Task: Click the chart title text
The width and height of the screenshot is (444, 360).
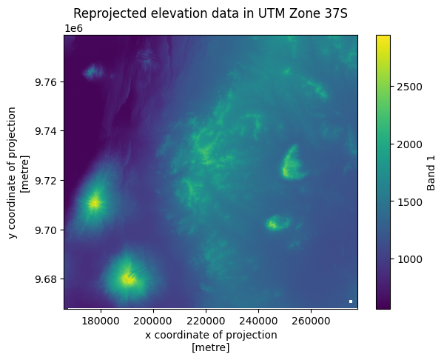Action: point(210,13)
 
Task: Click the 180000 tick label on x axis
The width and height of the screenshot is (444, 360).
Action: point(101,321)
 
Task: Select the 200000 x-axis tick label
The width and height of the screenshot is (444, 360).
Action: point(153,321)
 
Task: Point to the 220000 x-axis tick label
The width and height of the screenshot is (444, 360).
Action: point(206,321)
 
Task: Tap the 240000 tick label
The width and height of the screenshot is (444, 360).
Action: point(258,321)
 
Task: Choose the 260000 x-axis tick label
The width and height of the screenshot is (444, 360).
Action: point(311,321)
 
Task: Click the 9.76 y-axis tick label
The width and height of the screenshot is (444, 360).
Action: point(46,82)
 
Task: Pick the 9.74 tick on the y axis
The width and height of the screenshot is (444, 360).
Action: point(46,131)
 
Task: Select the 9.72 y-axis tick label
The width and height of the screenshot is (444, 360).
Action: point(46,181)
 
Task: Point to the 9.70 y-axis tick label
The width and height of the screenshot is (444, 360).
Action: point(46,230)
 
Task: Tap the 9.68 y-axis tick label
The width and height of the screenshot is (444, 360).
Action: point(46,279)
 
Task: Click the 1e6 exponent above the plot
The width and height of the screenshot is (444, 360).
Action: point(73,29)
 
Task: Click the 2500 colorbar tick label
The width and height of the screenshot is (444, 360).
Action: point(409,87)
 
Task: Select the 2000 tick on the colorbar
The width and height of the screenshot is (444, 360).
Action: point(409,144)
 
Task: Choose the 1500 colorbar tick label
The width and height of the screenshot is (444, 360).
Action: point(409,202)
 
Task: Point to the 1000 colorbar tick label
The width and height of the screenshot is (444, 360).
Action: point(409,260)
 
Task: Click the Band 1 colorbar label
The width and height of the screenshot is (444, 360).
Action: point(431,172)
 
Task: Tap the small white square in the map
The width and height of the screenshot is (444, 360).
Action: point(351,301)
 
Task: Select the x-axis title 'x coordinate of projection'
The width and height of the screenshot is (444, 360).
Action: point(211,335)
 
